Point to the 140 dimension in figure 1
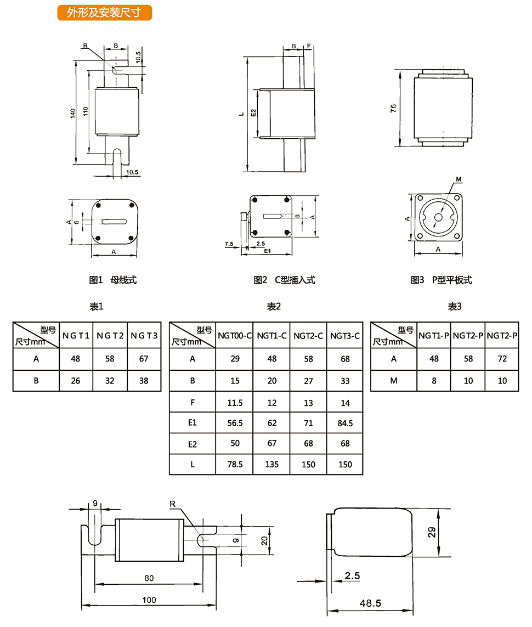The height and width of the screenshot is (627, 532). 72,113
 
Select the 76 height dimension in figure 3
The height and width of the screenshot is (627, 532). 393,108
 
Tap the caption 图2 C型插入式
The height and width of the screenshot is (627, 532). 284,280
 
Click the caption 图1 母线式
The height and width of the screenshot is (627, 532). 112,280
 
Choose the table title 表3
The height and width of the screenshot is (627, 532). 454,307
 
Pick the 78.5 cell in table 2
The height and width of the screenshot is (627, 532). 235,464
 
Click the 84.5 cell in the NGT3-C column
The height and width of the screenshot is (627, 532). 345,423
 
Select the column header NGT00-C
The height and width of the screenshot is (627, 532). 235,335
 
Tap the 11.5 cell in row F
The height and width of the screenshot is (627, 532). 235,402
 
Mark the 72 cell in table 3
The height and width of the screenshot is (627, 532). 502,359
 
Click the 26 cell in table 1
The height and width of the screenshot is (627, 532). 76,380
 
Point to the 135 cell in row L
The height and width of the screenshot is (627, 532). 271,464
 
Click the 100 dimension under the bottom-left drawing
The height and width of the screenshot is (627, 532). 149,600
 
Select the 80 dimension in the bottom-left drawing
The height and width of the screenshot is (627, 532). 149,578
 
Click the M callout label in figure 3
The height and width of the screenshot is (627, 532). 459,179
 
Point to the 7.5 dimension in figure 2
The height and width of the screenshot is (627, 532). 229,242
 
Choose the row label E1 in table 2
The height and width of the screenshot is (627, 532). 192,423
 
